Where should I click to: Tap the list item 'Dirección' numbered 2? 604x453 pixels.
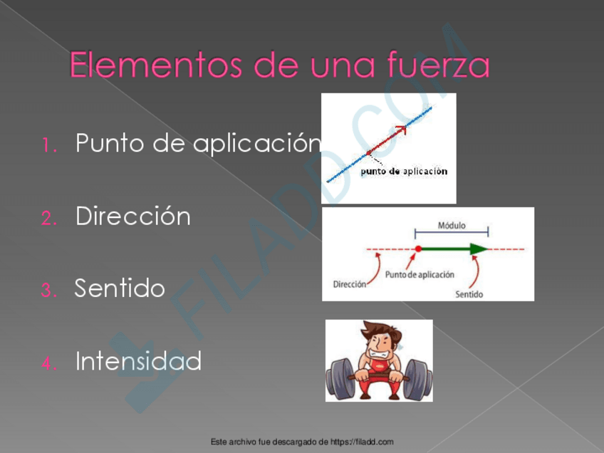tap(133, 216)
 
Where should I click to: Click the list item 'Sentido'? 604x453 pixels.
tap(120, 288)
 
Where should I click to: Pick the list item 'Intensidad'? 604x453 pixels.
tap(138, 361)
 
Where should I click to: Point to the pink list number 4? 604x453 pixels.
tap(48, 363)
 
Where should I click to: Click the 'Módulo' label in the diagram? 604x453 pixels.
tap(452, 225)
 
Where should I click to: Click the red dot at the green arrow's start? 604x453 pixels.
tap(418, 249)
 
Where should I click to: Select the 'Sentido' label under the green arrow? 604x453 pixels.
tap(469, 293)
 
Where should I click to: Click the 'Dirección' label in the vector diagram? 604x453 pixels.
tap(350, 283)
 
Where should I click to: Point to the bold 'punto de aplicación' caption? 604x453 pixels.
tap(404, 172)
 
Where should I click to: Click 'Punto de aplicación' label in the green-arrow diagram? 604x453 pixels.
tap(420, 274)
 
